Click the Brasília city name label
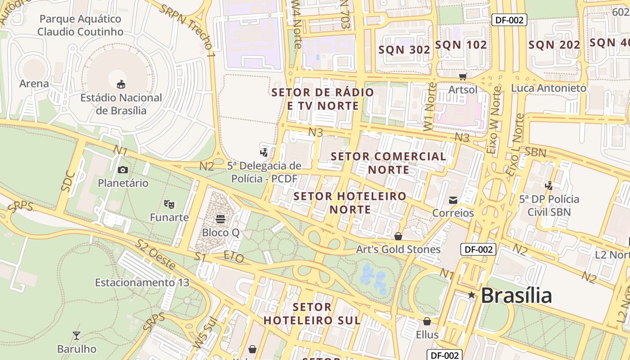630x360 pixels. tap(516, 296)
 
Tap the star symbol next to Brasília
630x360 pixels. tap(471, 295)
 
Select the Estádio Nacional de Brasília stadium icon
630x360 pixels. tap(121, 84)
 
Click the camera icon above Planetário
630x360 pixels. tap(122, 170)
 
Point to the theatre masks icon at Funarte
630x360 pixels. tap(169, 204)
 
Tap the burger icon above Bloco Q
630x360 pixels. tap(220, 219)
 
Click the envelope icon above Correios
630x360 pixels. tap(453, 200)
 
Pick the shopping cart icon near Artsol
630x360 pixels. tap(463, 76)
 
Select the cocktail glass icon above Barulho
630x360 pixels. tap(76, 336)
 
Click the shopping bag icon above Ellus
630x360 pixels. tap(427, 321)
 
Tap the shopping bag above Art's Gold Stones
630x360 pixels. tap(398, 236)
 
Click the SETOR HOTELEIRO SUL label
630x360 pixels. tap(312, 314)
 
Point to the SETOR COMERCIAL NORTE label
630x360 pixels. tap(388, 163)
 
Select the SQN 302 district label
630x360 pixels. tap(404, 50)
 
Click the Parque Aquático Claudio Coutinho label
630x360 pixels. tap(80, 25)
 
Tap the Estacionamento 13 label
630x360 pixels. tap(142, 283)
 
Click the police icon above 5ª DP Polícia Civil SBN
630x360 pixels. tap(549, 185)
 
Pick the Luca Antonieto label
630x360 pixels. tap(549, 88)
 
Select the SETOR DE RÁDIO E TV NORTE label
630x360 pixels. tap(323, 99)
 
